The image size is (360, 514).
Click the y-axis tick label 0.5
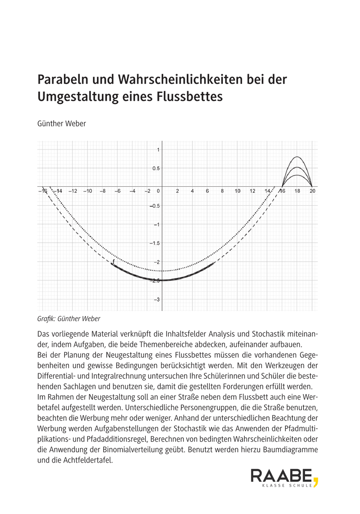click(156, 168)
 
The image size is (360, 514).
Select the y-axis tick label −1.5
click(154, 243)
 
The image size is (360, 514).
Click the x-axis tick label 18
click(297, 191)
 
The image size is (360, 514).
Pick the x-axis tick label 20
click(312, 191)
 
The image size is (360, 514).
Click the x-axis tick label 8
click(222, 191)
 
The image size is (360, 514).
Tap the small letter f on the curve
click(113, 261)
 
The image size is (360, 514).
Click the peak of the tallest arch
click(297, 157)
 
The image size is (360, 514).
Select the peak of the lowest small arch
click(297, 175)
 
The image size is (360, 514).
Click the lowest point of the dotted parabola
click(162, 271)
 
